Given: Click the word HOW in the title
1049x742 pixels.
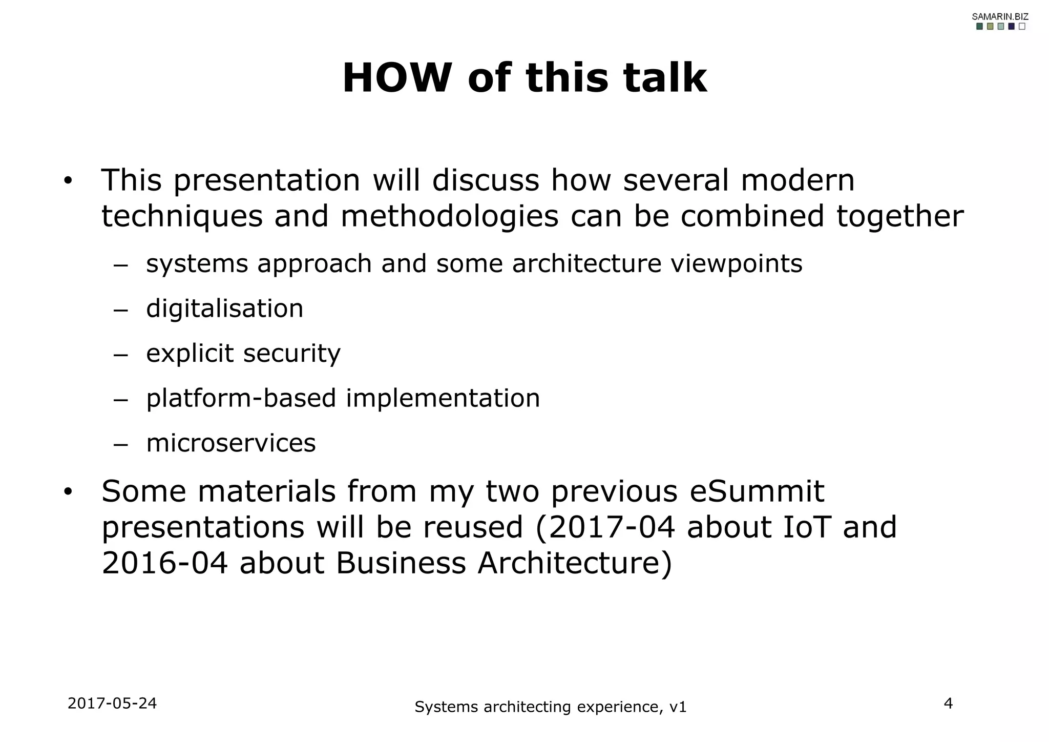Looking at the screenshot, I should coord(396,78).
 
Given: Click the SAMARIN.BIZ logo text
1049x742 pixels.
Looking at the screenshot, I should coord(1000,16).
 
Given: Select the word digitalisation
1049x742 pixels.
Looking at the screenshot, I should coord(224,308).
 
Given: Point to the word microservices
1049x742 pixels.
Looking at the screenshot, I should coord(230,443).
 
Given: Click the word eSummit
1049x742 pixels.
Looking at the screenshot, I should coord(757,491).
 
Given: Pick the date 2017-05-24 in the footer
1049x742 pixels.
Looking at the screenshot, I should coord(112,704).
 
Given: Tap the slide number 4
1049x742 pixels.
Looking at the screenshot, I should coord(948,704).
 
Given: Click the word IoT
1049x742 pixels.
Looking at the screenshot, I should coord(806,527).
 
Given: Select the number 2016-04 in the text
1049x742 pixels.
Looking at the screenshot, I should coord(164,563).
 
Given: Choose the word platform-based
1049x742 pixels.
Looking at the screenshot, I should coord(241,398).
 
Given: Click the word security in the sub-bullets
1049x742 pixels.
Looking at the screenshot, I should coord(291,354).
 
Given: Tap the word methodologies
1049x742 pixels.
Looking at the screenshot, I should coord(449,216).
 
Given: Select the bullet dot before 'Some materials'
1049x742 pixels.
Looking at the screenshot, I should coord(68,492).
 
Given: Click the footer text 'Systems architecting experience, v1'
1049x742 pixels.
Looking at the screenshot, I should coord(550,707).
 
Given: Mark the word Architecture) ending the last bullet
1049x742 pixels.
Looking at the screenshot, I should coord(574,563).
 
